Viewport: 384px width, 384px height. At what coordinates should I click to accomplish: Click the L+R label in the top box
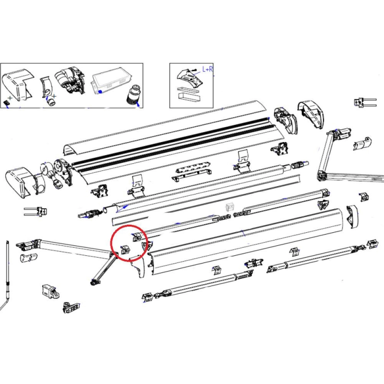(208, 70)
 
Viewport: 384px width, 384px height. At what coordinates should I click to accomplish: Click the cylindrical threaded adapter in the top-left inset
(132, 94)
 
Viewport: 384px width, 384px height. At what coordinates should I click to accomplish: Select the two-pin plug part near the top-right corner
(361, 102)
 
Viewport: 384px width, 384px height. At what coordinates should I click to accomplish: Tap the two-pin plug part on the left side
(36, 211)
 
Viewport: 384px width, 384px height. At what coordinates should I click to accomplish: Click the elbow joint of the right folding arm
(322, 174)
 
